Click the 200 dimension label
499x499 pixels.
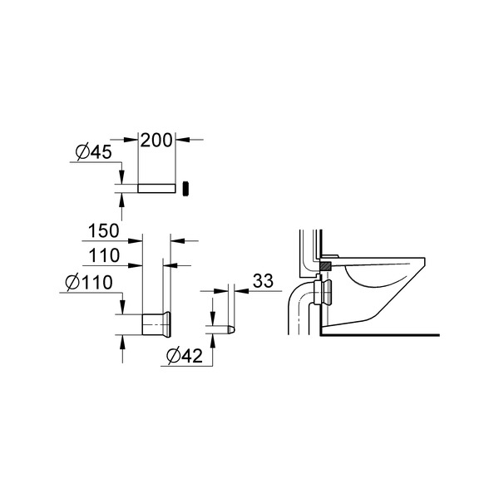click(156, 141)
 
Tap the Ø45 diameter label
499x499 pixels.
click(93, 152)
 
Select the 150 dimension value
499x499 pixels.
click(104, 230)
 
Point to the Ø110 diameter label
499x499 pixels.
click(89, 282)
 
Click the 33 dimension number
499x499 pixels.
click(263, 281)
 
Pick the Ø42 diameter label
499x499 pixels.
click(185, 355)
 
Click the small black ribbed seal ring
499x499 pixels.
click(185, 189)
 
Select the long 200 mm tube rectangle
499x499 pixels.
click(156, 188)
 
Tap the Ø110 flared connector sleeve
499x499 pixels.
click(156, 324)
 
